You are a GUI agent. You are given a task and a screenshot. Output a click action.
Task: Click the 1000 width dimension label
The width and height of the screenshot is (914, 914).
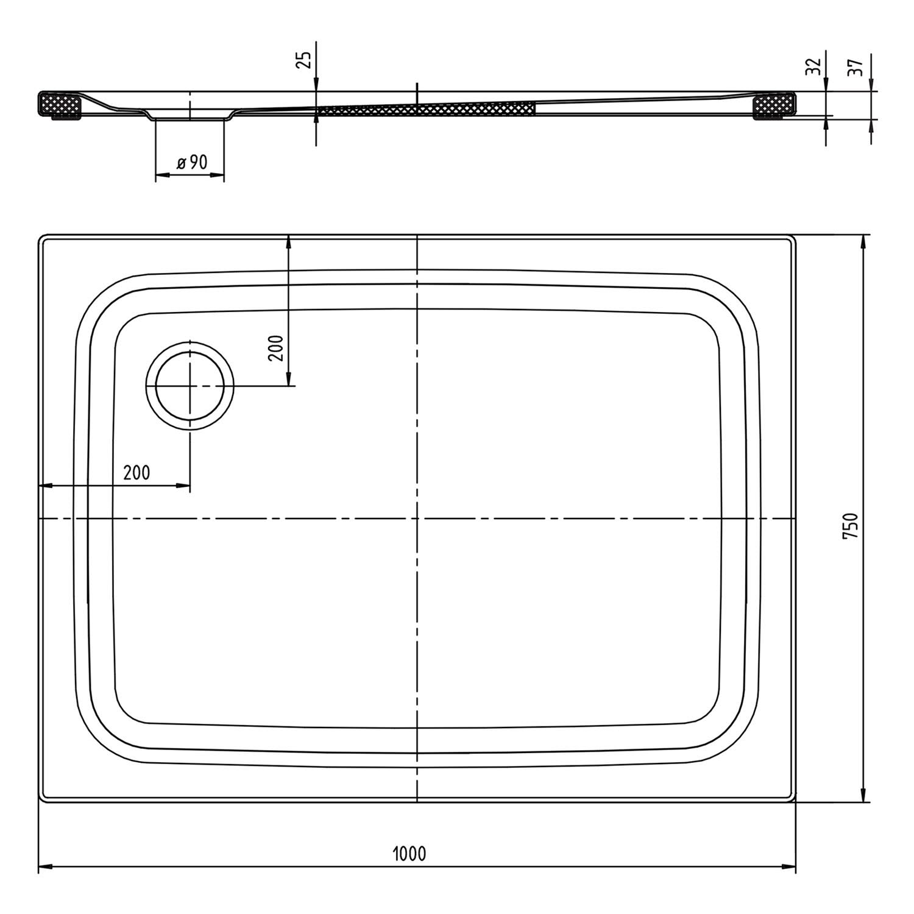pyautogui.click(x=409, y=854)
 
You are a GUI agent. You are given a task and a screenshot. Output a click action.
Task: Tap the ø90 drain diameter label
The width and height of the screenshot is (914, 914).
pyautogui.click(x=192, y=162)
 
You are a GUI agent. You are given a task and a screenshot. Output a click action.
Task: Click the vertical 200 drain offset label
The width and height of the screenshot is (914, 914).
pyautogui.click(x=277, y=348)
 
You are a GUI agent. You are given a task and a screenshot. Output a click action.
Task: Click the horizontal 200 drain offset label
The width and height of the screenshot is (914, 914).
pyautogui.click(x=136, y=472)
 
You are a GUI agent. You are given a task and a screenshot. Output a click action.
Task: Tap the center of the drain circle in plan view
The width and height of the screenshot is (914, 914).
pyautogui.click(x=190, y=386)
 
